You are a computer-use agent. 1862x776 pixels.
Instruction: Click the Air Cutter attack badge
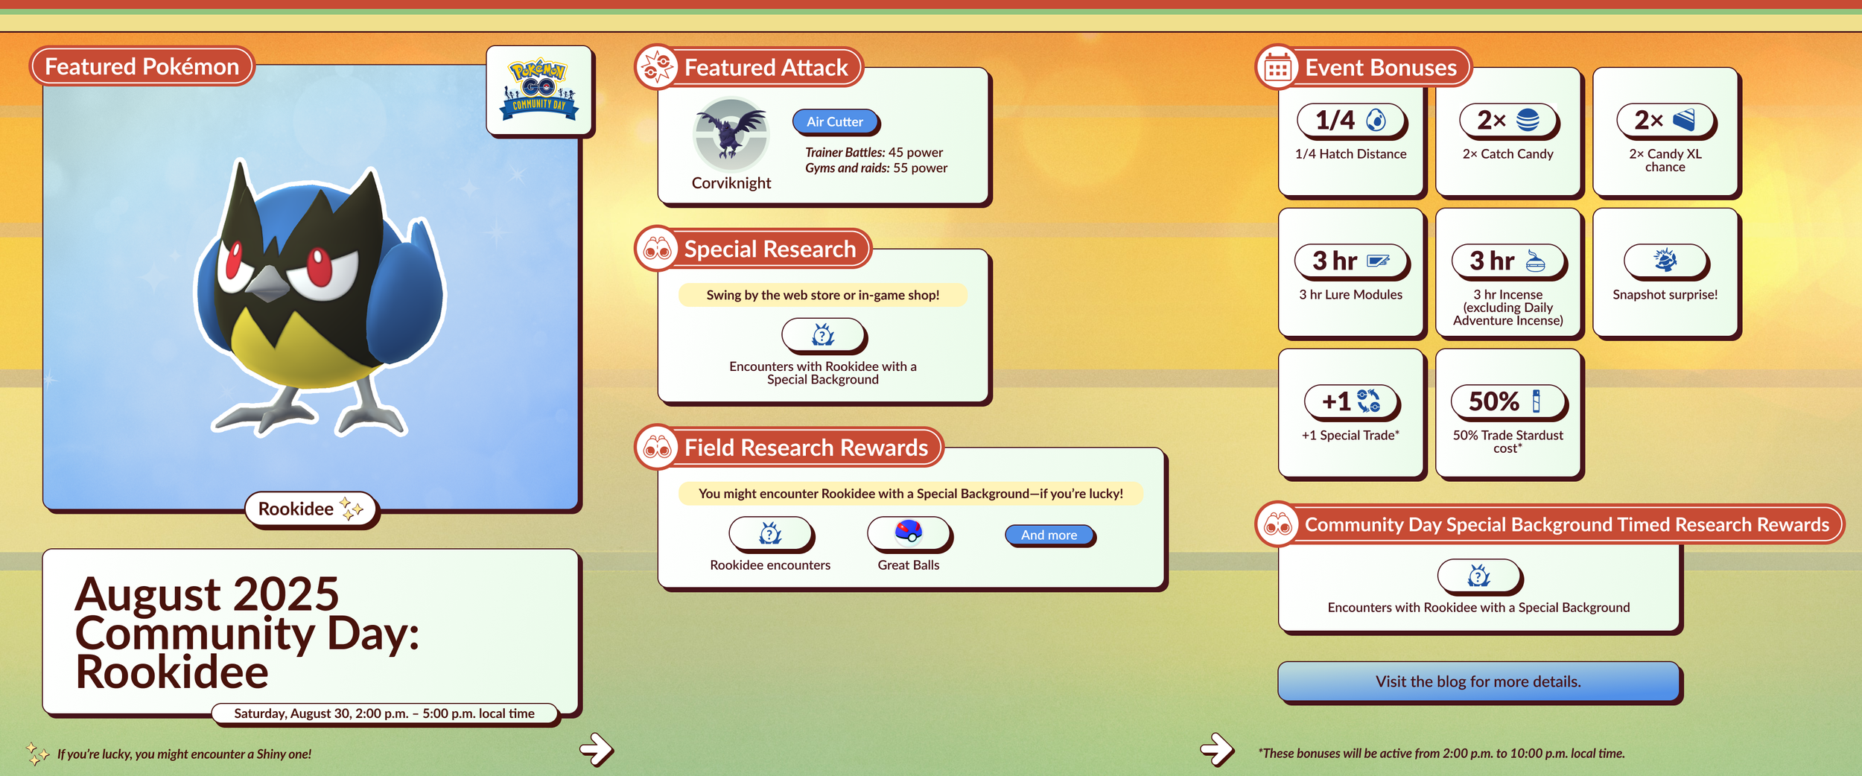(x=834, y=121)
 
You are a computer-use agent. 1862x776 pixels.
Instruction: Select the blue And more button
(x=1049, y=535)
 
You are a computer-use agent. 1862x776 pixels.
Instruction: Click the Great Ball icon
(x=908, y=532)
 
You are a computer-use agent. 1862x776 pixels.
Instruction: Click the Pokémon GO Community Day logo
(x=539, y=90)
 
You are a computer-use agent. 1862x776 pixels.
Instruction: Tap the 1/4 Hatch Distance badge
(x=1350, y=121)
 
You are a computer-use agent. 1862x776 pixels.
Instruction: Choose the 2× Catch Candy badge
(x=1507, y=121)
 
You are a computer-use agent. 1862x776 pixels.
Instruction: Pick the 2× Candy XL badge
(x=1665, y=121)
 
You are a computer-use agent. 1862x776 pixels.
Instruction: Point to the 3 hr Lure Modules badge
(x=1350, y=261)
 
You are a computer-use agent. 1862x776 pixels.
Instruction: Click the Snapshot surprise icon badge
(x=1665, y=261)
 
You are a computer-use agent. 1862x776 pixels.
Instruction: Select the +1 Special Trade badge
(x=1351, y=402)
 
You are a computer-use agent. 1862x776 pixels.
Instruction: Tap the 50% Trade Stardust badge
(x=1507, y=402)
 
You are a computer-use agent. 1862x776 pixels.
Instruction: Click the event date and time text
(x=384, y=713)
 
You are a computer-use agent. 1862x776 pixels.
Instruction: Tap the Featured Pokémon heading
(x=142, y=66)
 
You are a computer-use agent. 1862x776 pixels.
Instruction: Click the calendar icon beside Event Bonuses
(x=1277, y=69)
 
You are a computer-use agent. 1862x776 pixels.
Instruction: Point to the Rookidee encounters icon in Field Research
(x=770, y=533)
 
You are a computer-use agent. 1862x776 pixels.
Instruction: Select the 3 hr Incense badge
(x=1507, y=261)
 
